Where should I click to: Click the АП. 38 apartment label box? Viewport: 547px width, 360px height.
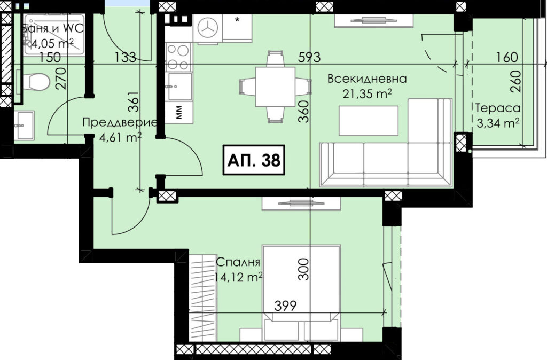pyautogui.click(x=254, y=160)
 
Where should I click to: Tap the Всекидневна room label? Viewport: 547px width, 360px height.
pyautogui.click(x=366, y=79)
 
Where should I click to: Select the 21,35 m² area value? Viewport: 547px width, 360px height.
pyautogui.click(x=366, y=94)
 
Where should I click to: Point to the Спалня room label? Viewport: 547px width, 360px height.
pyautogui.click(x=238, y=262)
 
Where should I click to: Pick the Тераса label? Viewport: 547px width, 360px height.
pyautogui.click(x=498, y=108)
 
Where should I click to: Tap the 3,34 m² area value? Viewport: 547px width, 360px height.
pyautogui.click(x=498, y=123)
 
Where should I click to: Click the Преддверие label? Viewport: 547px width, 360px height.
pyautogui.click(x=120, y=123)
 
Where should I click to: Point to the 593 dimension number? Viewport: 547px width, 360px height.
pyautogui.click(x=309, y=57)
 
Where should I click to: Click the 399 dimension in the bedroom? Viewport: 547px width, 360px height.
pyautogui.click(x=285, y=306)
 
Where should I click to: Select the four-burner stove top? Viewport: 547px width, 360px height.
pyautogui.click(x=178, y=57)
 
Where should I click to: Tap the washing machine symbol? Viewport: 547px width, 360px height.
pyautogui.click(x=208, y=29)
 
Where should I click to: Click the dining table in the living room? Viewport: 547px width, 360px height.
pyautogui.click(x=275, y=87)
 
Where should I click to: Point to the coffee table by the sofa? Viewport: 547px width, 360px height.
pyautogui.click(x=369, y=120)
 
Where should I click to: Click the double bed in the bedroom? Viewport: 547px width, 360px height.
pyautogui.click(x=301, y=293)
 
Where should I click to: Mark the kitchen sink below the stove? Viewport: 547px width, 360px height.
pyautogui.click(x=179, y=86)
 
